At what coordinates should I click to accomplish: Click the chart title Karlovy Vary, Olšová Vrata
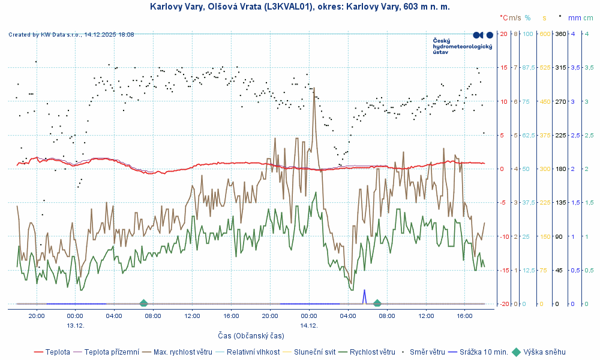pyautogui.click(x=300, y=7)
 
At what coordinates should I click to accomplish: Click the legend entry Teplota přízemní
pyautogui.click(x=112, y=352)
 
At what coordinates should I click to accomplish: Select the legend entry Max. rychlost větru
pyautogui.click(x=182, y=352)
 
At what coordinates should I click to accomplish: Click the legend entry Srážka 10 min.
pyautogui.click(x=484, y=352)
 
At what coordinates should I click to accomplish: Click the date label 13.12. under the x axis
pyautogui.click(x=75, y=325)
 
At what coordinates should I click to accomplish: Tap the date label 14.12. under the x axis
pyautogui.click(x=309, y=325)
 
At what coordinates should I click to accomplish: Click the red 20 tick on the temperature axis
pyautogui.click(x=503, y=34)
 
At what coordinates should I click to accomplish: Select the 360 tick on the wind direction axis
pyautogui.click(x=560, y=34)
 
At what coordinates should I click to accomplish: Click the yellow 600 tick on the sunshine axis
pyautogui.click(x=545, y=34)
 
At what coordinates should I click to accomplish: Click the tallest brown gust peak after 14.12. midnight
pyautogui.click(x=314, y=89)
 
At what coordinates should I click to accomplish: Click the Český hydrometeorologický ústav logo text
pyautogui.click(x=462, y=46)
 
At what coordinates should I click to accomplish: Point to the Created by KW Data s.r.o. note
pyautogui.click(x=71, y=35)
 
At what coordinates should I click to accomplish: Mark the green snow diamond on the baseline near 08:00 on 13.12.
pyautogui.click(x=143, y=304)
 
